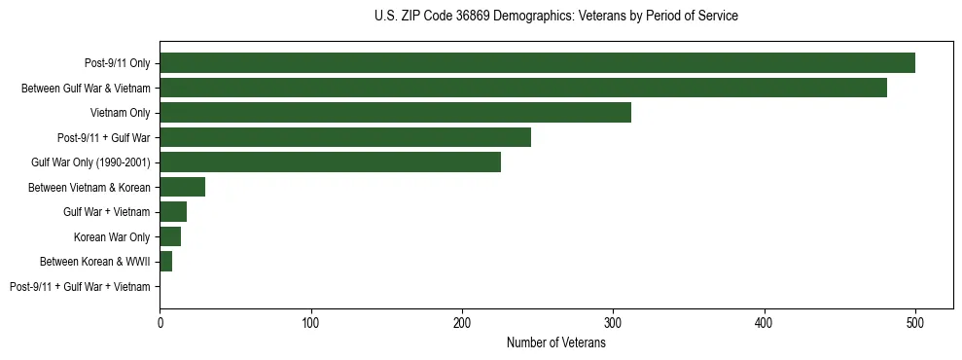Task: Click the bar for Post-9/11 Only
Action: click(x=537, y=63)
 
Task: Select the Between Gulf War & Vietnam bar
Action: click(x=523, y=88)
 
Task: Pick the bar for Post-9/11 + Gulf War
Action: click(x=345, y=137)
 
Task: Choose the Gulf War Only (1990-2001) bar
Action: click(x=330, y=162)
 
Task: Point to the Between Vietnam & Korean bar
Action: click(x=182, y=187)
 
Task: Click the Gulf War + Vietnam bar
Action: click(x=173, y=212)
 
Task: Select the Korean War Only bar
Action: click(x=170, y=236)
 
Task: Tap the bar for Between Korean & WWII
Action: click(x=165, y=262)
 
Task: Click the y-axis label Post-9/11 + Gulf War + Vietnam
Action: click(x=80, y=287)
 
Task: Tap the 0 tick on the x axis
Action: click(x=160, y=323)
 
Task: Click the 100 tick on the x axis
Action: click(x=311, y=323)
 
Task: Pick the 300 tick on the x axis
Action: click(x=613, y=323)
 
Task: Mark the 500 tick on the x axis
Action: click(x=915, y=323)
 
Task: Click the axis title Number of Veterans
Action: click(x=555, y=342)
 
